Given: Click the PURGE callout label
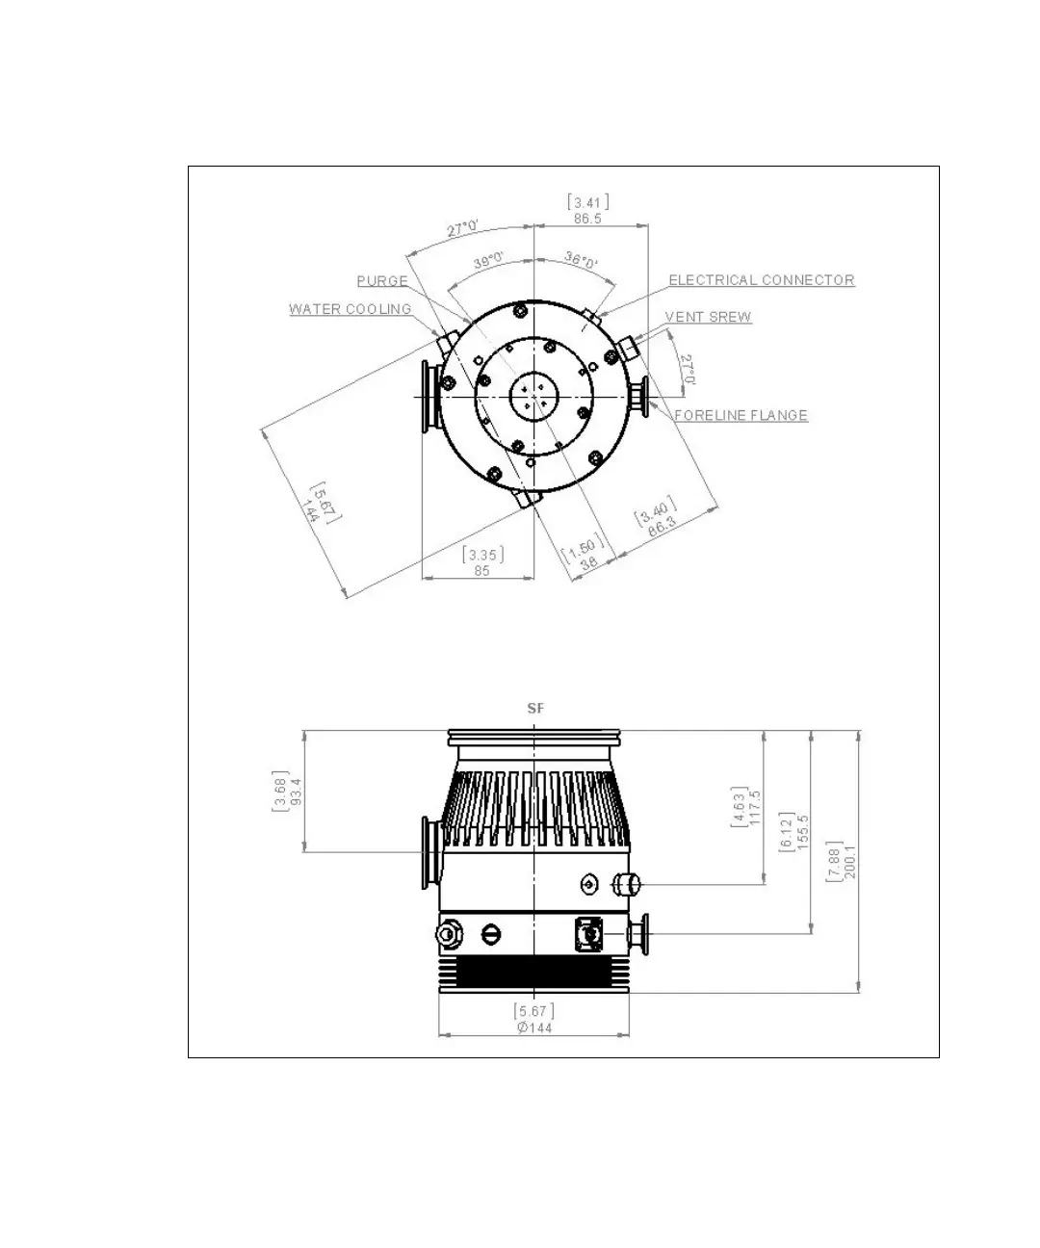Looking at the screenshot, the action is [x=382, y=281].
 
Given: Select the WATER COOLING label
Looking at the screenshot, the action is [x=351, y=309].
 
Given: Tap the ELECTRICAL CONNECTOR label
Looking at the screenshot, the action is [x=762, y=279].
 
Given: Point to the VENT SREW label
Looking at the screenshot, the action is [x=709, y=317].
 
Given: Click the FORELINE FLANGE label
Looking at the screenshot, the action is [x=741, y=415].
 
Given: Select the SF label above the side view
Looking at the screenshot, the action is [x=535, y=709].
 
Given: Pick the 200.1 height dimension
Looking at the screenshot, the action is [x=850, y=862].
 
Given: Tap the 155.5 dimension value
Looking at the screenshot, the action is [x=803, y=832].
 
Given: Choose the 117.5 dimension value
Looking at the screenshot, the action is [x=754, y=808].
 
